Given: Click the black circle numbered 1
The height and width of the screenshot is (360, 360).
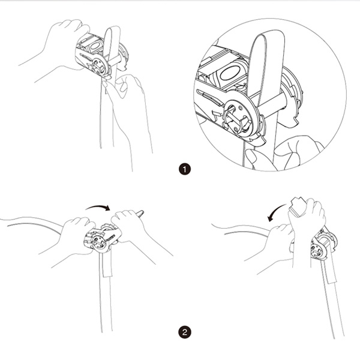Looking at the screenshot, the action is click(x=185, y=169).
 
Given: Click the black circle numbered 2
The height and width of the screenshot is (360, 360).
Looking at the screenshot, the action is click(x=185, y=332).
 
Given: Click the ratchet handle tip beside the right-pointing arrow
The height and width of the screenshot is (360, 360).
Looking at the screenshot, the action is click(x=140, y=213).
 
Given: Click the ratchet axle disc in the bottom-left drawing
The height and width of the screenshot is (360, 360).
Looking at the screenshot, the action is click(x=99, y=243).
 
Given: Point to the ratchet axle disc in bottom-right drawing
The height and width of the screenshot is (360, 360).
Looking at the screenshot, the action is click(x=318, y=251).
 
